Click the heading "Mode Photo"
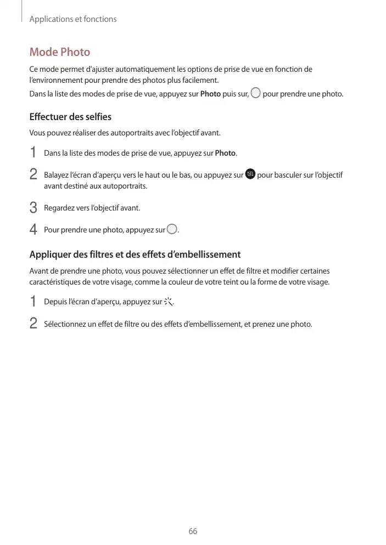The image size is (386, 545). click(x=59, y=52)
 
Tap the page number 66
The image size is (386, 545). click(x=193, y=531)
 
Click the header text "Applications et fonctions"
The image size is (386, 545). click(x=72, y=19)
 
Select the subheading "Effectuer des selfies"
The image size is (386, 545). click(x=70, y=117)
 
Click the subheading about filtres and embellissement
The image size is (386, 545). click(x=135, y=254)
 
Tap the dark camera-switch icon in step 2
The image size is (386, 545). click(x=250, y=174)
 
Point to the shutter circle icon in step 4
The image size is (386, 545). click(x=172, y=230)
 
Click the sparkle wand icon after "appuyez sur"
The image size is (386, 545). click(x=169, y=302)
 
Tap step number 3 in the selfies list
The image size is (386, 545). click(x=33, y=208)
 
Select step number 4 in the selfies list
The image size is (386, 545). click(x=33, y=230)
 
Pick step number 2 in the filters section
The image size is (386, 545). click(x=33, y=324)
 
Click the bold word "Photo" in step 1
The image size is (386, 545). click(x=225, y=152)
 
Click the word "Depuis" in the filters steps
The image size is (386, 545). click(x=55, y=302)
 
